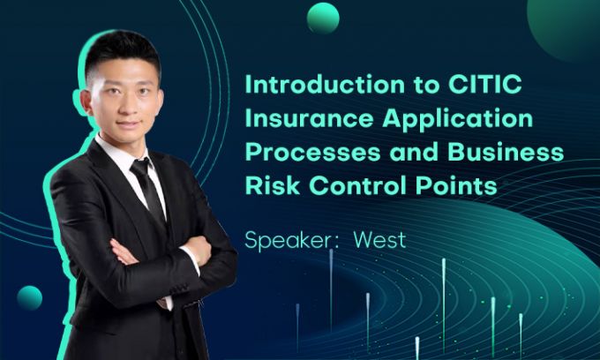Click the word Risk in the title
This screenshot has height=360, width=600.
click(x=266, y=185)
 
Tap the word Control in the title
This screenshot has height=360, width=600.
click(x=349, y=185)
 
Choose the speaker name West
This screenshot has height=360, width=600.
click(x=379, y=240)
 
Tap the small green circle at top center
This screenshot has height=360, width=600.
click(x=323, y=18)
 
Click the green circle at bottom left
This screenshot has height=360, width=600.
click(x=29, y=298)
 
